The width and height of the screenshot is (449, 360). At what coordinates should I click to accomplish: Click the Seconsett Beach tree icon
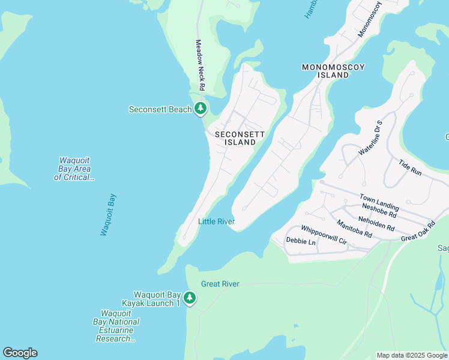(x=200, y=109)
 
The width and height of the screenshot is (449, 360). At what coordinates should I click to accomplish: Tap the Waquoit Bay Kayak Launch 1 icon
(x=190, y=298)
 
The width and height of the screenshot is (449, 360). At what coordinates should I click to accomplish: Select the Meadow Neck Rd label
(x=200, y=66)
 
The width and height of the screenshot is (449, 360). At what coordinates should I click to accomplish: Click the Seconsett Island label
(x=235, y=138)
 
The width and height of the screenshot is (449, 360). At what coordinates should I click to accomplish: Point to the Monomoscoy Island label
(x=334, y=71)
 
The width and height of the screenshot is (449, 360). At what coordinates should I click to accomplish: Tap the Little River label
(x=216, y=222)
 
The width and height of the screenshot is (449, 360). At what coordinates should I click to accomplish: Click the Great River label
(x=220, y=284)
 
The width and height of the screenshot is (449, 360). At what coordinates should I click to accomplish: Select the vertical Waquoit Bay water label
(x=108, y=214)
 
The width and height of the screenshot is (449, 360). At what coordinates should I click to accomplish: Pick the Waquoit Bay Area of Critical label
(x=74, y=169)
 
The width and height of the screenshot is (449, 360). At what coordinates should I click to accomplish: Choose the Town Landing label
(x=379, y=202)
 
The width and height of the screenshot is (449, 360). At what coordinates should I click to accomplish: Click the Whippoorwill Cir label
(x=324, y=235)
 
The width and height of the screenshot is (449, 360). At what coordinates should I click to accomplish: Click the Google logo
(x=20, y=353)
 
